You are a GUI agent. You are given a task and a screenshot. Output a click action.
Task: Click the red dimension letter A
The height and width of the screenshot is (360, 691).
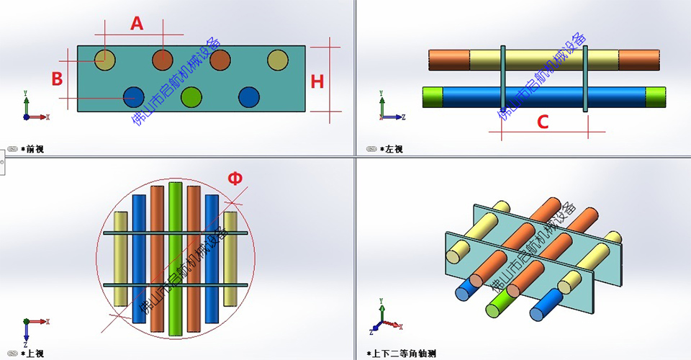[137, 23]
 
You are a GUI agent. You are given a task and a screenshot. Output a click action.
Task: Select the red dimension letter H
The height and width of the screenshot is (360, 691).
[317, 81]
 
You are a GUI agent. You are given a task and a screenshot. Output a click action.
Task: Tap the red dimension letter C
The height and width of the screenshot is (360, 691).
[543, 122]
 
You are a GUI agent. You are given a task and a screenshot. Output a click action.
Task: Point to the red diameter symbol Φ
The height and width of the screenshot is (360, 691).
[235, 179]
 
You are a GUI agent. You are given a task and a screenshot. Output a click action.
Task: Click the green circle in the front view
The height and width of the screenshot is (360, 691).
[191, 96]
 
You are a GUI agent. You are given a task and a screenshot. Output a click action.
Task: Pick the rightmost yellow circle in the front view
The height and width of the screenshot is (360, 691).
[277, 60]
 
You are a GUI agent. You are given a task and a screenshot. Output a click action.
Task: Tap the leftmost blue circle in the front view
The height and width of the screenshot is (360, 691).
[133, 96]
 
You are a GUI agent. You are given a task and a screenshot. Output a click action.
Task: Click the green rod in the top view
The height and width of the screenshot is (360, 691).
[175, 259]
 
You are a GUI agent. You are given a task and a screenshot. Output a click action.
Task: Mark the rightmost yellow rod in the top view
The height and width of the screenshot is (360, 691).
[230, 259]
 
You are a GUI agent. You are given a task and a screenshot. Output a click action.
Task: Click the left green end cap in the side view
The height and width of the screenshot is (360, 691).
[432, 97]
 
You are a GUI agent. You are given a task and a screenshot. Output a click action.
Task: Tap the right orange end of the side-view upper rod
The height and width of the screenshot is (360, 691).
[639, 60]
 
